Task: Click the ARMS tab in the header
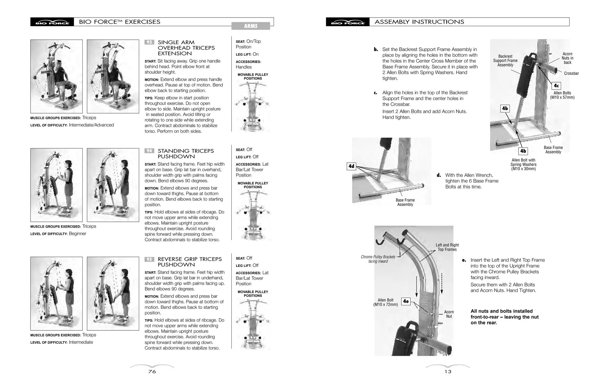pos(250,26)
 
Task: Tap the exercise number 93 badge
pos(149,42)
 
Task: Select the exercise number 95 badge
pos(149,259)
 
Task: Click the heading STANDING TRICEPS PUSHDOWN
pos(186,154)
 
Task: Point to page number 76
pos(152,372)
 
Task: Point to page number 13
pos(448,372)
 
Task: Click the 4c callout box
pos(556,86)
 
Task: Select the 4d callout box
pos(351,166)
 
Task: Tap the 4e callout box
pos(405,301)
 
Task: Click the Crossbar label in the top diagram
pos(571,73)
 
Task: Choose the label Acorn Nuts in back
pos(567,58)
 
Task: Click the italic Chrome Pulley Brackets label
pos(378,259)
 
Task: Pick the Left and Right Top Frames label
pos(447,247)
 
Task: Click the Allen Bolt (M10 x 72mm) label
pos(386,302)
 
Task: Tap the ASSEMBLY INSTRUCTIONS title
pos(419,22)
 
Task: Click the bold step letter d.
pos(439,175)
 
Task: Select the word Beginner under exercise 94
pos(77,234)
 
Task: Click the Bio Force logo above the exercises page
pos(52,22)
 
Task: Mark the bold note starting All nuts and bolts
pos(504,317)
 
